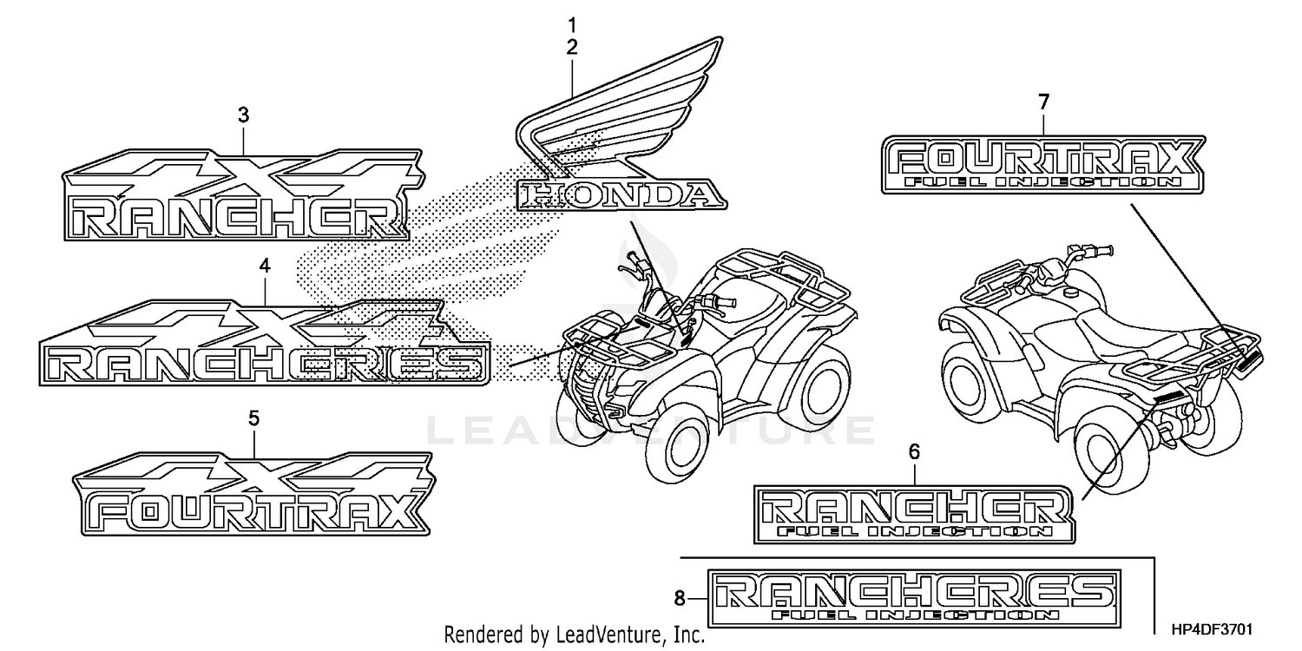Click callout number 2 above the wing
coord(572,48)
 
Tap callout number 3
coord(244,114)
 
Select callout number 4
coord(265,266)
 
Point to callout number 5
coord(253,418)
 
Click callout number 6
coord(914,451)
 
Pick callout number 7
coord(1044,102)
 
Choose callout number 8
coord(680,597)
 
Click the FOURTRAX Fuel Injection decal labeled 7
coord(1042,163)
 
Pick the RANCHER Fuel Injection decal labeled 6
coord(914,514)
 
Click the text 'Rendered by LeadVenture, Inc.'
coord(574,635)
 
